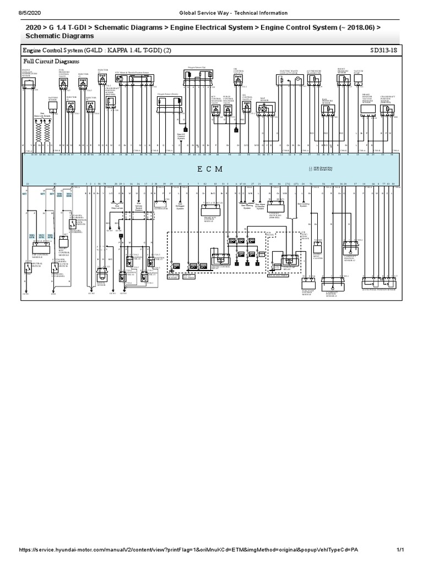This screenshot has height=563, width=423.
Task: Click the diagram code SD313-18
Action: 384,50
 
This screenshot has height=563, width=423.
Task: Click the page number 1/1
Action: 400,550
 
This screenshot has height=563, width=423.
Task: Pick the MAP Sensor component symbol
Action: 265,109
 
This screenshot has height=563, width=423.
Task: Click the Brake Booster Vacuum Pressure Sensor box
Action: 368,109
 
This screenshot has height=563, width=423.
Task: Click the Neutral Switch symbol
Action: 28,267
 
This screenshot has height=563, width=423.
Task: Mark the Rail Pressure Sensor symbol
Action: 328,109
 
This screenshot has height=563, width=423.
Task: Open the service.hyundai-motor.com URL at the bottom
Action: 191,550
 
